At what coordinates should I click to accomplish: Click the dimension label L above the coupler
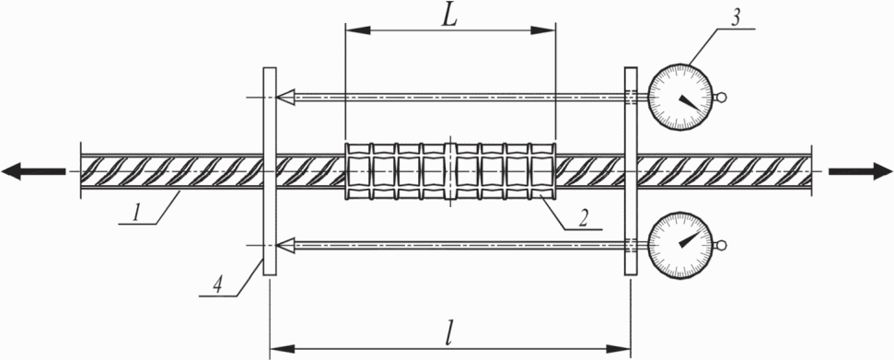(x=449, y=18)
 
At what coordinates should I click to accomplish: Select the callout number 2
(x=582, y=218)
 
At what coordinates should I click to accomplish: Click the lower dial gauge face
(x=680, y=246)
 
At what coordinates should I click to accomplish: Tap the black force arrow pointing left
(x=33, y=171)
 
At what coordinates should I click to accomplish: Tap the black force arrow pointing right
(x=860, y=171)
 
